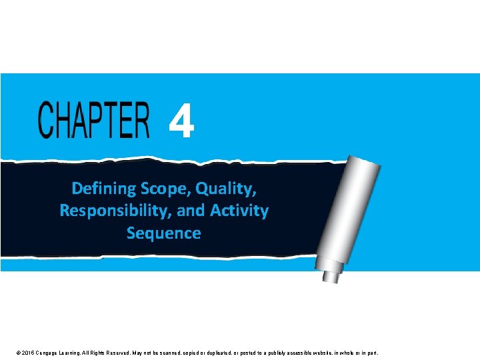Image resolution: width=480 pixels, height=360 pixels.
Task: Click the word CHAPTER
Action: click(93, 120)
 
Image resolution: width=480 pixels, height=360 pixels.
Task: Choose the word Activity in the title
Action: click(239, 211)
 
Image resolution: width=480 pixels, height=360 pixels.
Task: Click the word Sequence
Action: click(163, 233)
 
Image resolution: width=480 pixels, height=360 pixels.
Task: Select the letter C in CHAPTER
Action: click(46, 120)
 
